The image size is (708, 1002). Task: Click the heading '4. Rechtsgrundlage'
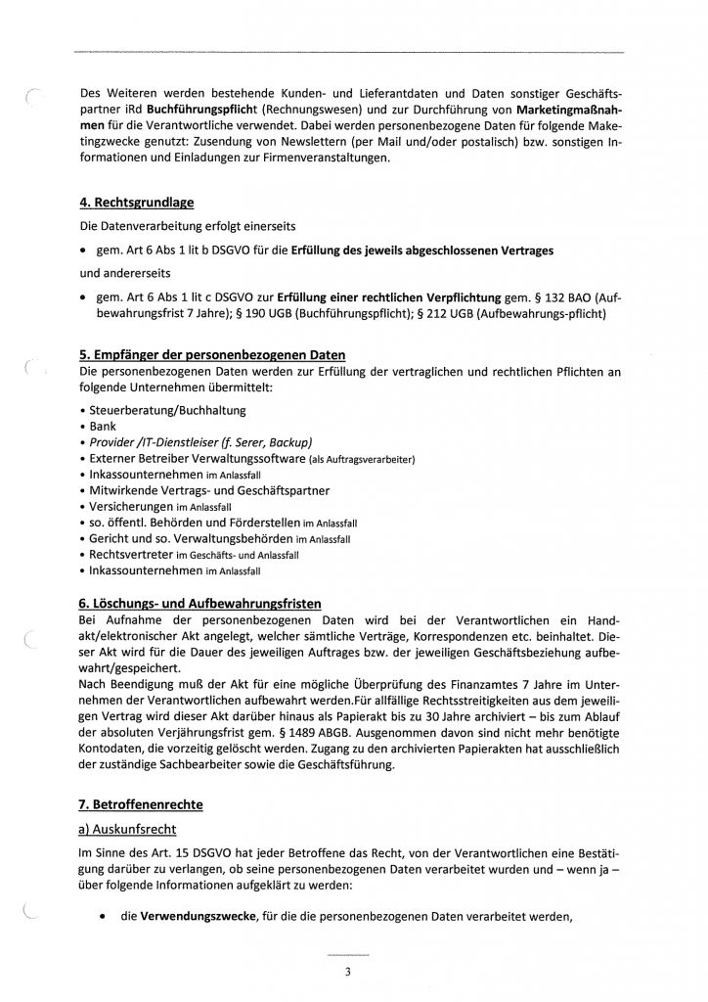pyautogui.click(x=136, y=204)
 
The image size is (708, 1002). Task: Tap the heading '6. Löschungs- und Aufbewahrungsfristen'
pyautogui.click(x=199, y=601)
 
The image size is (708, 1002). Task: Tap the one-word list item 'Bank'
pyautogui.click(x=103, y=427)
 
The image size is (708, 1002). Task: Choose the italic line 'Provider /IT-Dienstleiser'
pyautogui.click(x=200, y=442)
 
